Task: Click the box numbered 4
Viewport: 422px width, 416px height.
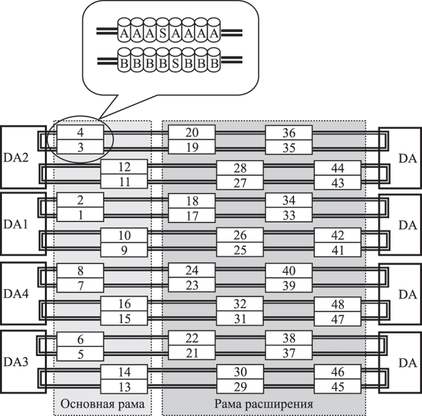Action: (80, 132)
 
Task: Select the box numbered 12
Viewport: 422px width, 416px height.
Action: (124, 167)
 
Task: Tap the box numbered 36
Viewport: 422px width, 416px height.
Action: (289, 132)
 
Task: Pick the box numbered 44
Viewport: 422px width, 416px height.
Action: (337, 167)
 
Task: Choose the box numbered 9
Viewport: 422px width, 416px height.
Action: (124, 250)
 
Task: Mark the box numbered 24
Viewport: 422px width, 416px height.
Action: (192, 269)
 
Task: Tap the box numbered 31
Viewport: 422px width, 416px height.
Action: (240, 318)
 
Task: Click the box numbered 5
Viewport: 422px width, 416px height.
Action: (80, 353)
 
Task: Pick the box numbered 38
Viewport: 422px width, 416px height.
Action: (289, 338)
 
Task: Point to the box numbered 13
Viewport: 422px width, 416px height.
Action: (124, 387)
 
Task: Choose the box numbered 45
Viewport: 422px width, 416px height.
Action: (337, 387)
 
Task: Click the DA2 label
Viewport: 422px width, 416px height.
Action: (16, 158)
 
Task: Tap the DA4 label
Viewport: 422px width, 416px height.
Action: (16, 295)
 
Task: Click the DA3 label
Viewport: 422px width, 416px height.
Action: (16, 362)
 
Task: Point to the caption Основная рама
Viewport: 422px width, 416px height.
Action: (102, 404)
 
